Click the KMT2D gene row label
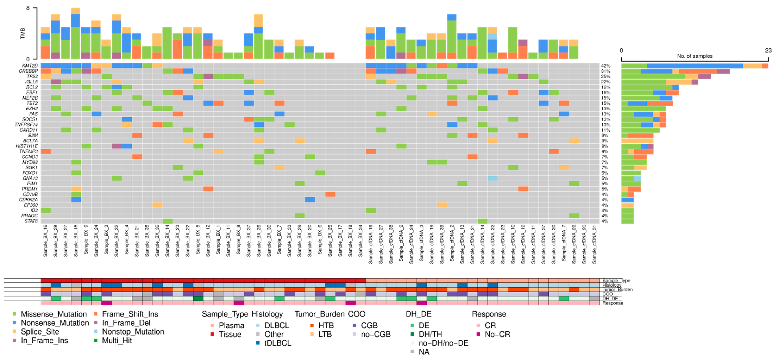pyautogui.click(x=30, y=66)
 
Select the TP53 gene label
pyautogui.click(x=32, y=77)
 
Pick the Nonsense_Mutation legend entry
pyautogui.click(x=55, y=323)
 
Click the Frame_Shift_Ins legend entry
pyautogui.click(x=130, y=314)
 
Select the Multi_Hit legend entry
pyautogui.click(x=117, y=340)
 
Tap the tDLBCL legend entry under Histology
pyautogui.click(x=278, y=343)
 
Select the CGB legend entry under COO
pyautogui.click(x=369, y=326)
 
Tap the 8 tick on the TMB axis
pyautogui.click(x=28, y=8)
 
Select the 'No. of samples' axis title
pyautogui.click(x=695, y=56)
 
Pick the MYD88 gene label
pyautogui.click(x=30, y=162)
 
